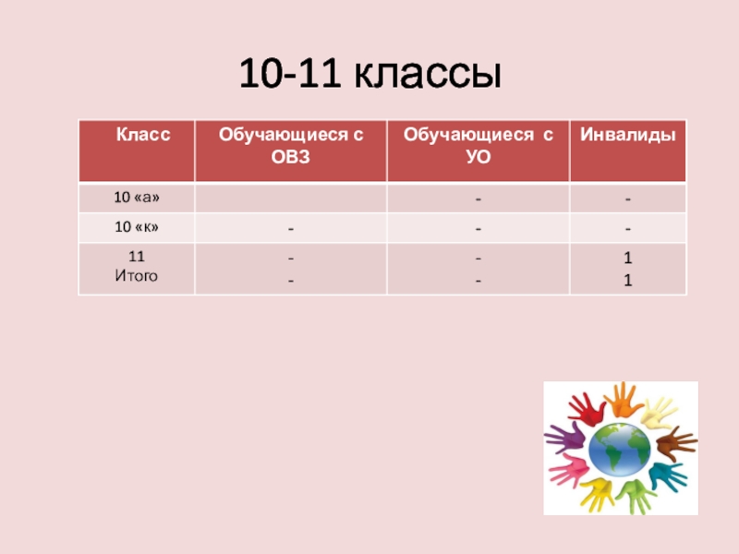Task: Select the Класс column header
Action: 142,135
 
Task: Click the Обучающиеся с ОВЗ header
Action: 290,146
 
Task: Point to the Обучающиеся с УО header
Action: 478,146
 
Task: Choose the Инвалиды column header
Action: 627,135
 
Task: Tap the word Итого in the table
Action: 135,275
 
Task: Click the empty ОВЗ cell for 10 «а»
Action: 290,198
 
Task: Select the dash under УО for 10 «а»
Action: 478,199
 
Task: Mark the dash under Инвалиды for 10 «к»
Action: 627,227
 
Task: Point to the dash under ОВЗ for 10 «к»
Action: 290,227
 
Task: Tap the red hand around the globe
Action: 584,406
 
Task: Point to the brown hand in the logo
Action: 676,440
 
